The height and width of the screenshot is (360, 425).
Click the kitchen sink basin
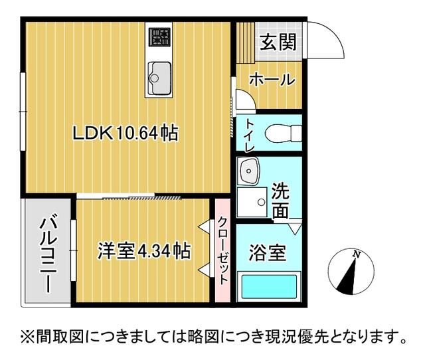159,74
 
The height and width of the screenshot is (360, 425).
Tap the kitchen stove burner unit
159,38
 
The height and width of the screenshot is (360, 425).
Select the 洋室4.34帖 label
144,251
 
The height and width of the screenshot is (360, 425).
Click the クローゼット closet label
222,251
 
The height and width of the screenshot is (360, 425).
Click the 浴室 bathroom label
268,252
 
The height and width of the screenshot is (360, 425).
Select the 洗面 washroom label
281,201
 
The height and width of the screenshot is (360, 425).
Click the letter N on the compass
357,254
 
